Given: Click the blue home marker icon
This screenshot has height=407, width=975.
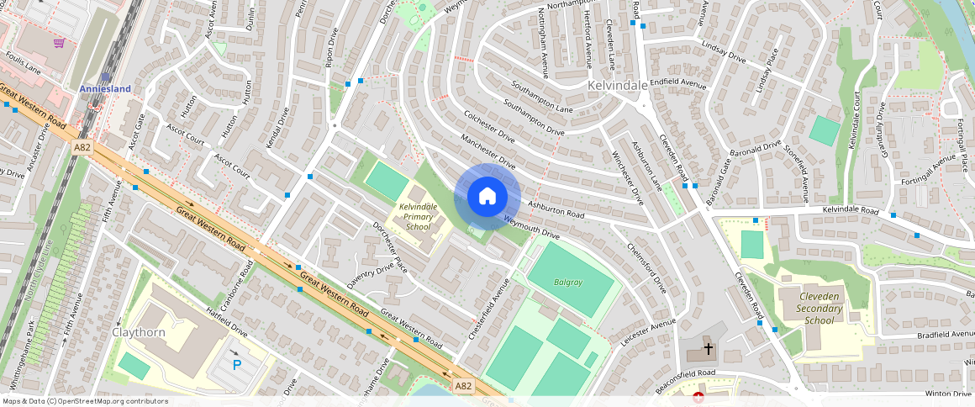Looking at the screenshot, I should point(487,196).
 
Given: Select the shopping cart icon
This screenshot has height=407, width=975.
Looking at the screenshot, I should point(59,43).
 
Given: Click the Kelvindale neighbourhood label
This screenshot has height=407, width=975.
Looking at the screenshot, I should point(618,86).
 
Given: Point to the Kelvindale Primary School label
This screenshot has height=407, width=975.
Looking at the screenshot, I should point(418,216).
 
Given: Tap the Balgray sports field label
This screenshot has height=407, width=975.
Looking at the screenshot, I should point(568,282).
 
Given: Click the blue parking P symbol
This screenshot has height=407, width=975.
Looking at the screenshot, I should point(236,364).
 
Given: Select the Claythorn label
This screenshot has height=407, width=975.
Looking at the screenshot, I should point(139,332).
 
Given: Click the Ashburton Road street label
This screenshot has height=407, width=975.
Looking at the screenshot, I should point(556,209).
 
